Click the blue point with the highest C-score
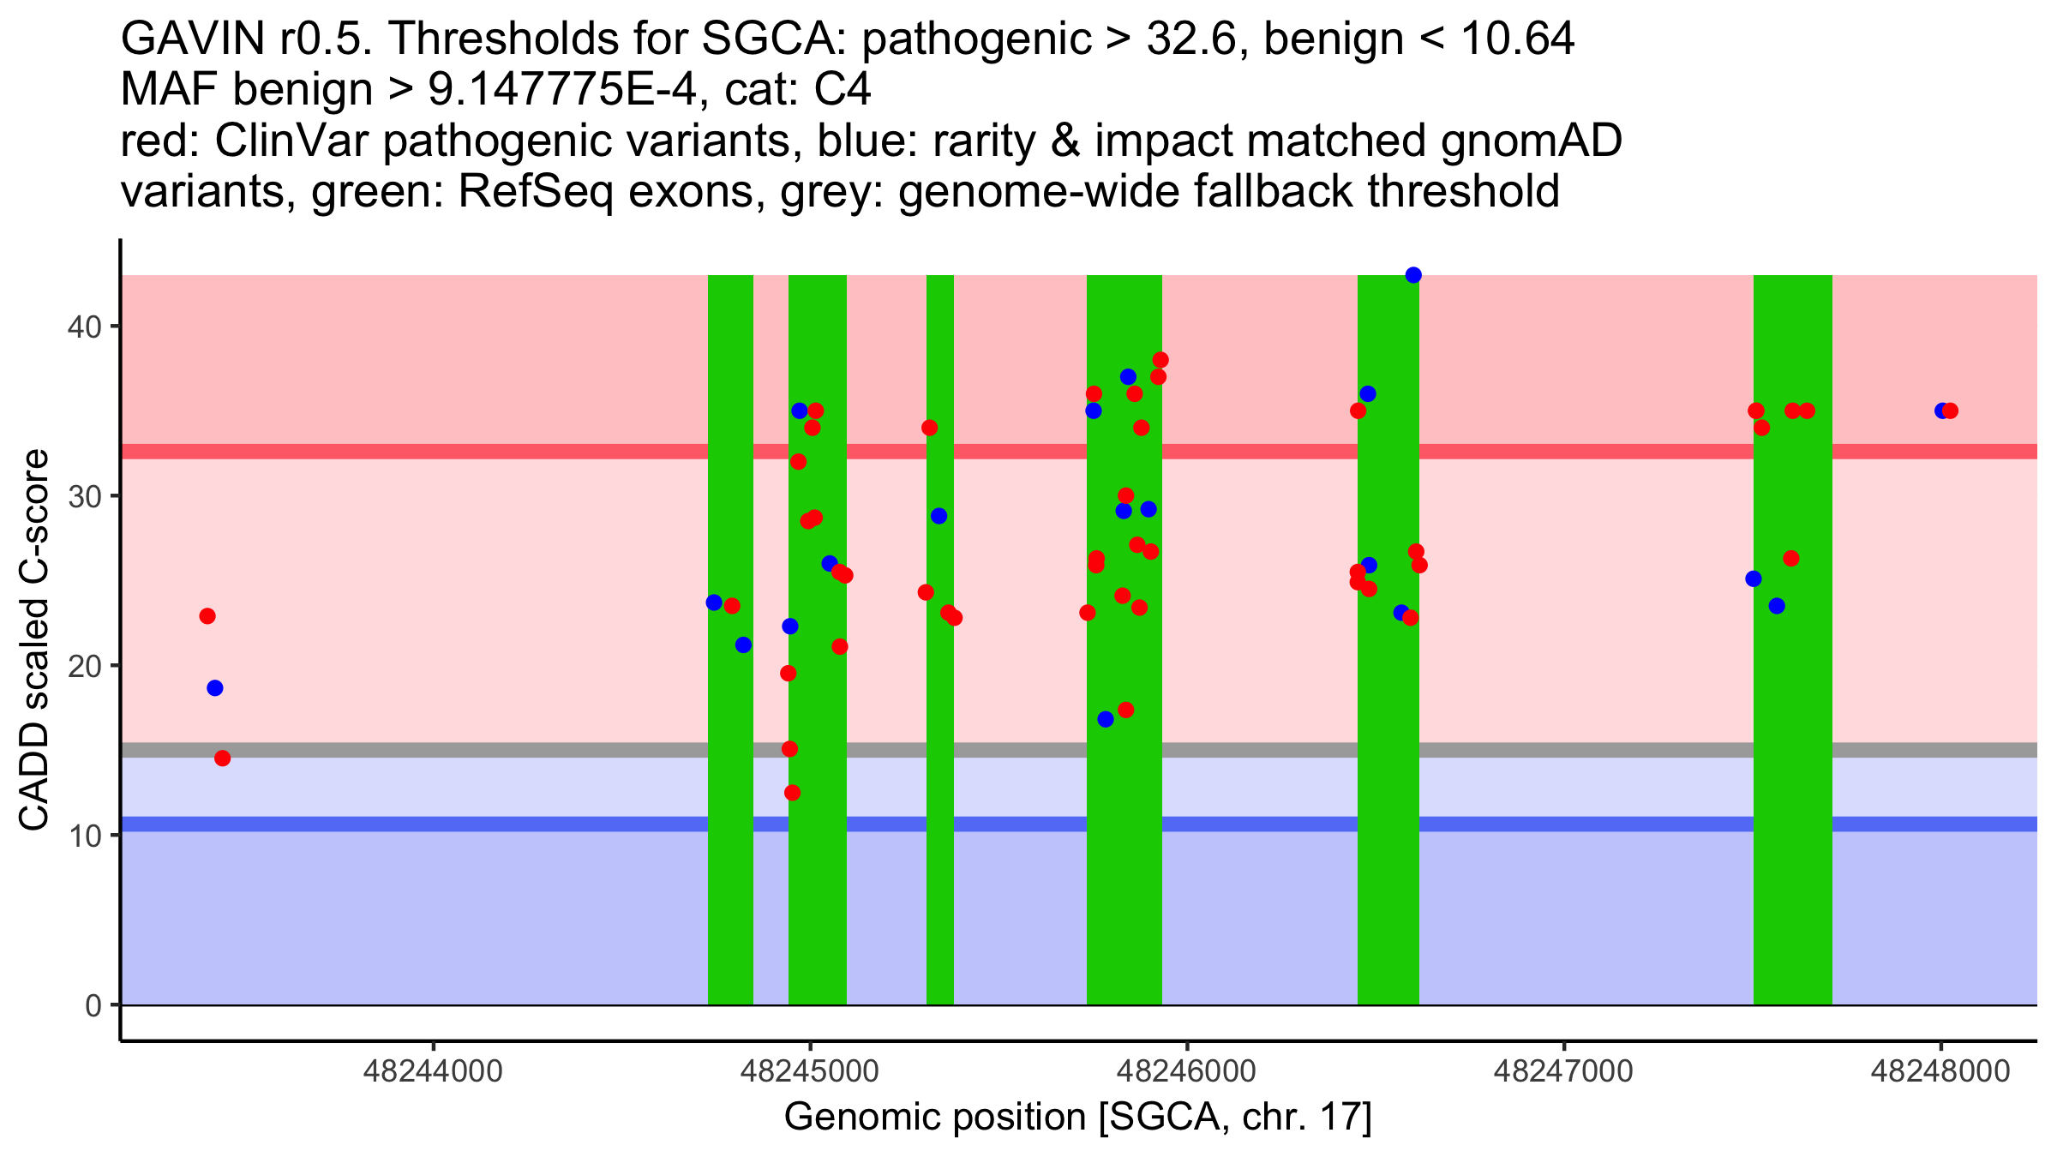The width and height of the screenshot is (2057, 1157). coord(1413,275)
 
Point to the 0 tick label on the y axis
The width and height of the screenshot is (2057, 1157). coord(93,1005)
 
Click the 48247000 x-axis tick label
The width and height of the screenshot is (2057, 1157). coord(1563,1071)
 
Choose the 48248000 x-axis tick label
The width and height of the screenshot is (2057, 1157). coord(1940,1071)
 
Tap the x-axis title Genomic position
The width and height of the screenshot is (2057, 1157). coord(1078,1117)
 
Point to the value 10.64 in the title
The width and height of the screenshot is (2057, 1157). coord(1517,39)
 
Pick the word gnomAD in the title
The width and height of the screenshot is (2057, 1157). coord(1531,141)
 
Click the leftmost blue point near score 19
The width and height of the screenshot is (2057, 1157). coord(215,688)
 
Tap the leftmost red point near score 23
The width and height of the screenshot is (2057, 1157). coord(207,616)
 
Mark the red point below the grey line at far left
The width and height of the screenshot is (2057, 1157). coord(223,758)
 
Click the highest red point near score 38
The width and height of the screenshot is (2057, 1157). coord(1160,360)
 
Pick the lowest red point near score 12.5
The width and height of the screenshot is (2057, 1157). coord(793,793)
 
